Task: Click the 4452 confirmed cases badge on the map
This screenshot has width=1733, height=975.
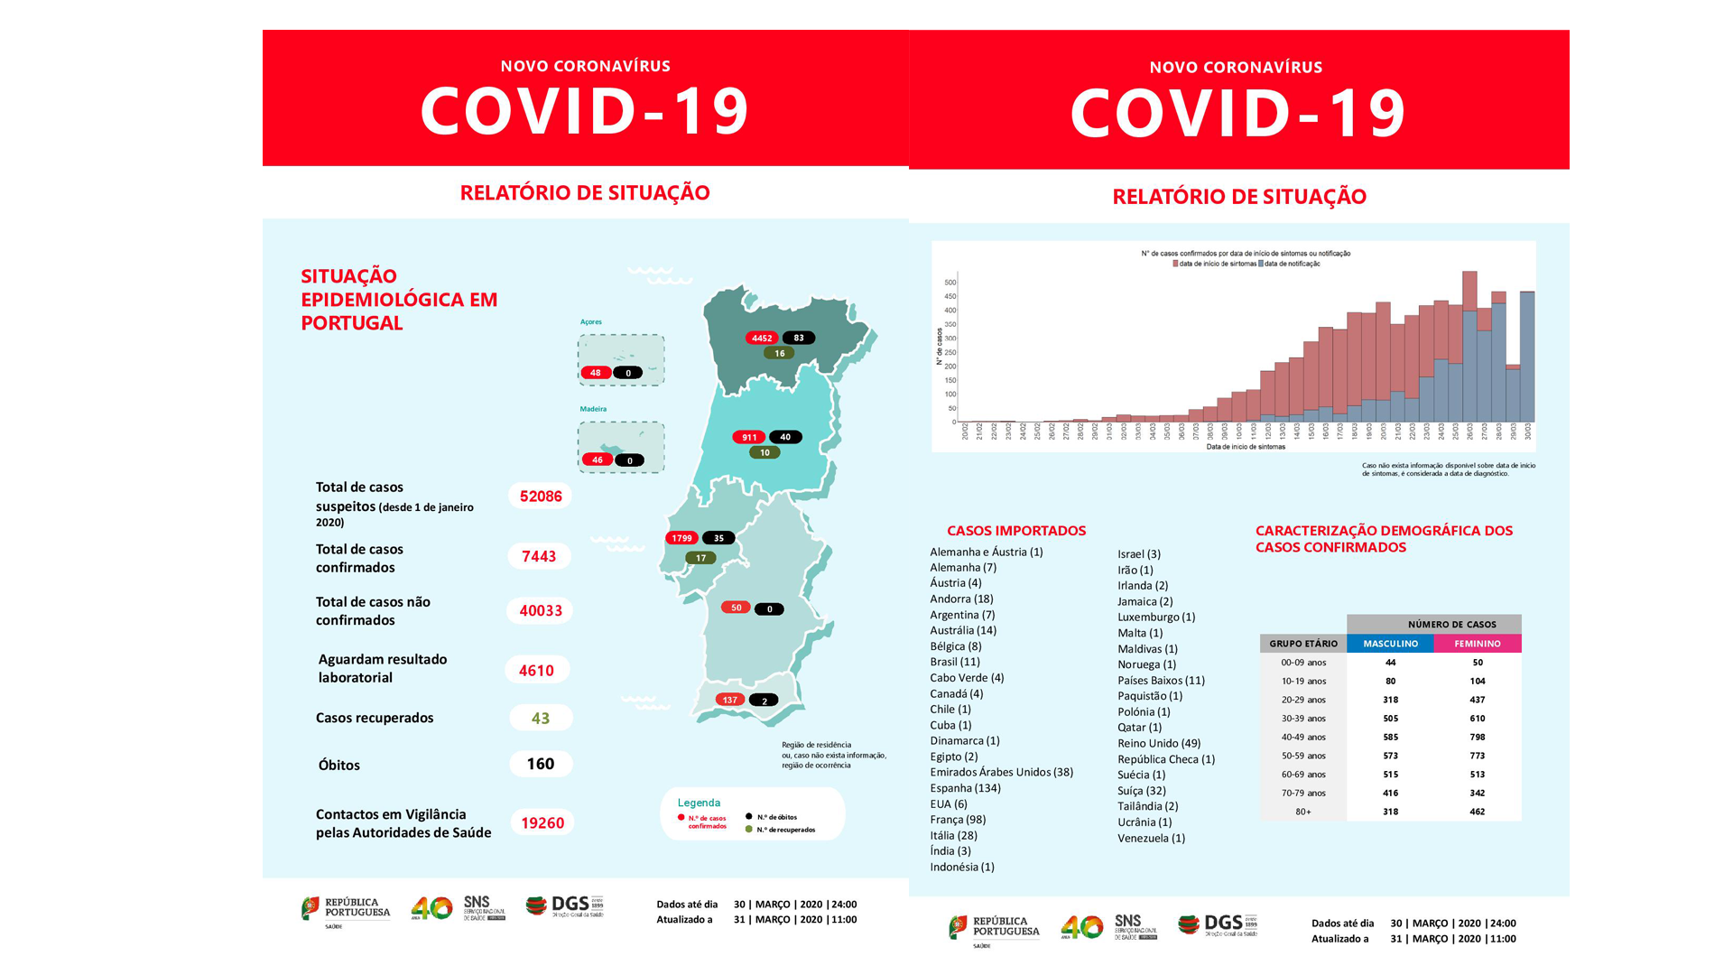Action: pos(762,339)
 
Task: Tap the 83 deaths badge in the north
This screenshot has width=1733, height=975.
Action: pos(799,339)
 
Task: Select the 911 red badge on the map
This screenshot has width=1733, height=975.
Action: pos(749,438)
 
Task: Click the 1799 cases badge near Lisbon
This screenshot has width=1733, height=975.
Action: pos(681,538)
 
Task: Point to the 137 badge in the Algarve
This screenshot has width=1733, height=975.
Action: pos(729,700)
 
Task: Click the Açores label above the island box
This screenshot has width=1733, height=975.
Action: pos(591,322)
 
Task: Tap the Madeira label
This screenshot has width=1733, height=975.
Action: pos(593,409)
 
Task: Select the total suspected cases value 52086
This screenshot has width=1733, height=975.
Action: pos(541,497)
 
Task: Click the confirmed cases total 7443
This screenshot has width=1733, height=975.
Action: pos(539,556)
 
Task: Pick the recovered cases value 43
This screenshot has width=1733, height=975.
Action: pos(541,719)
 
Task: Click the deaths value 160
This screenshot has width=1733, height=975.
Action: pos(541,765)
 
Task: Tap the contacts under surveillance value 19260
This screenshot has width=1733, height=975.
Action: pos(542,823)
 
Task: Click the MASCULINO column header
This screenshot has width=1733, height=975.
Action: pos(1390,644)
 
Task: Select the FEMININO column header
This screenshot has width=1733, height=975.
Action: pos(1478,644)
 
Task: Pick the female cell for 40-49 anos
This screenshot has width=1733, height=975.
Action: pos(1478,738)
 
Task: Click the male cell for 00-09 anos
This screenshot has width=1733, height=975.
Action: pos(1390,663)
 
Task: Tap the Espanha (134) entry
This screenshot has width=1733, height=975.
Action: pos(965,788)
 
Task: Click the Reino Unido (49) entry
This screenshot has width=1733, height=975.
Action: pos(1159,744)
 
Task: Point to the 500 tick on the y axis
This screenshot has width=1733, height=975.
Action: pos(950,283)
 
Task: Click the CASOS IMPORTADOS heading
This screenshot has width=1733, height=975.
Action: pos(1016,531)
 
